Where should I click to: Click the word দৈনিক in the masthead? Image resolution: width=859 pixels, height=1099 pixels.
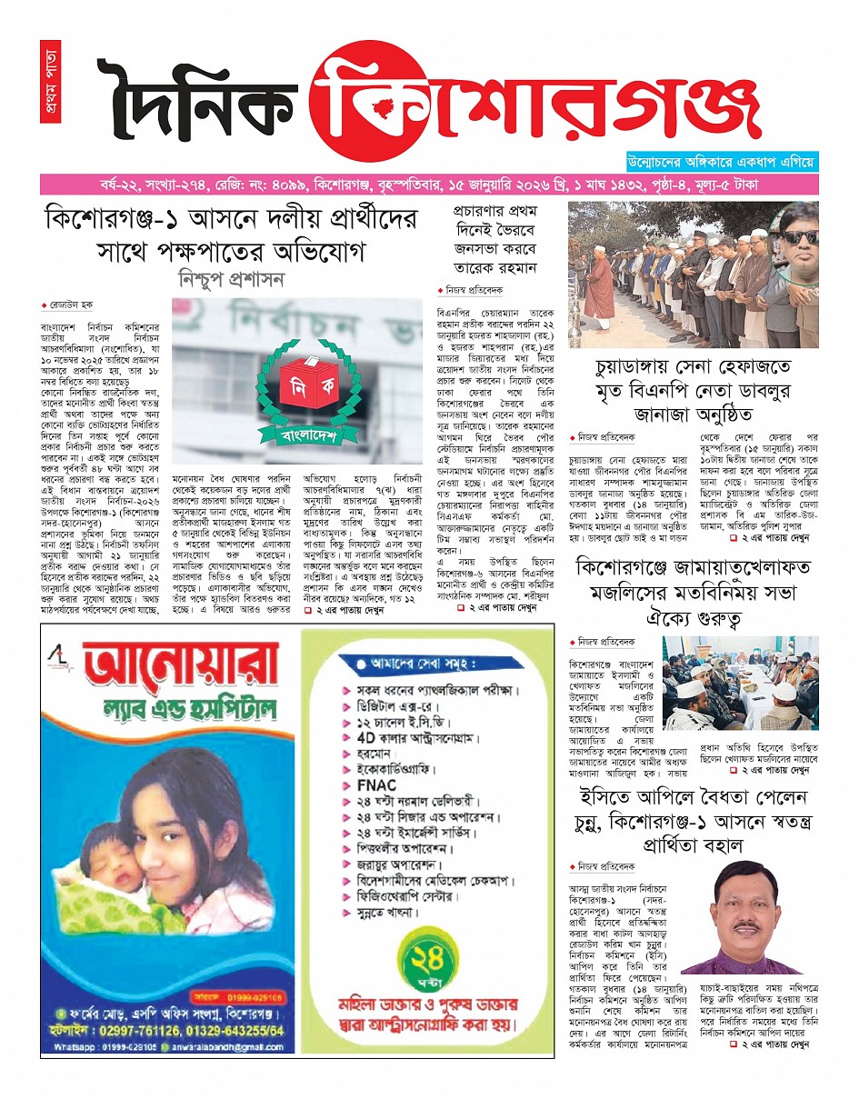195,102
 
